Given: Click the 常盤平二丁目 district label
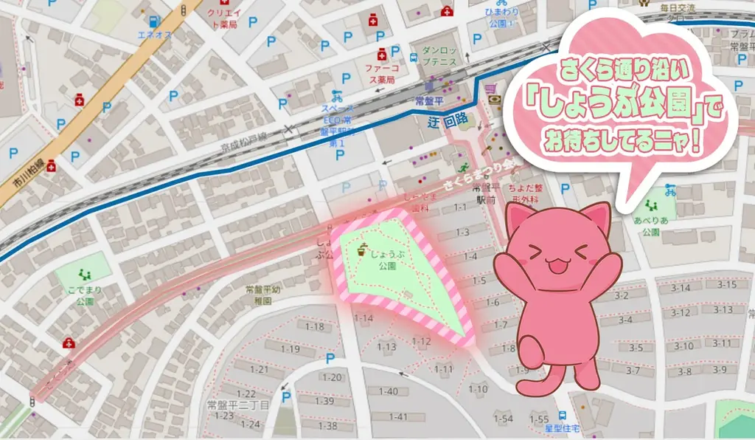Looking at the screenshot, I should [238, 405].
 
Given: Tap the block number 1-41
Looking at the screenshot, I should [398, 417].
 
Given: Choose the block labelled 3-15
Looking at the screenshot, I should [727, 285].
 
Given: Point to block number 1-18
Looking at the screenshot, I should [315, 326].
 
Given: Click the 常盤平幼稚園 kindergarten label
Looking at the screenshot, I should [265, 295].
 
